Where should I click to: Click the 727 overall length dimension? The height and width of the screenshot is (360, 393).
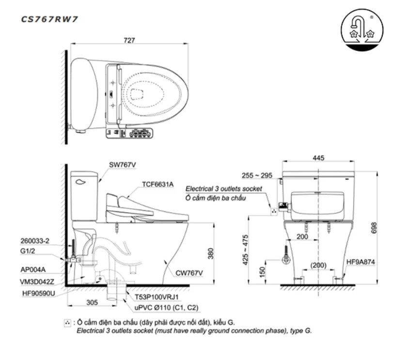tap(129, 41)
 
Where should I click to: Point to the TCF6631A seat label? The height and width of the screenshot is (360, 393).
tap(157, 185)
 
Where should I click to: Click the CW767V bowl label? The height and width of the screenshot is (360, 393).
tap(190, 273)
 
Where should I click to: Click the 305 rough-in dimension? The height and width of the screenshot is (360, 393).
tap(91, 302)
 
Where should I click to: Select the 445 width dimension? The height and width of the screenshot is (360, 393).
tap(318, 158)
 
